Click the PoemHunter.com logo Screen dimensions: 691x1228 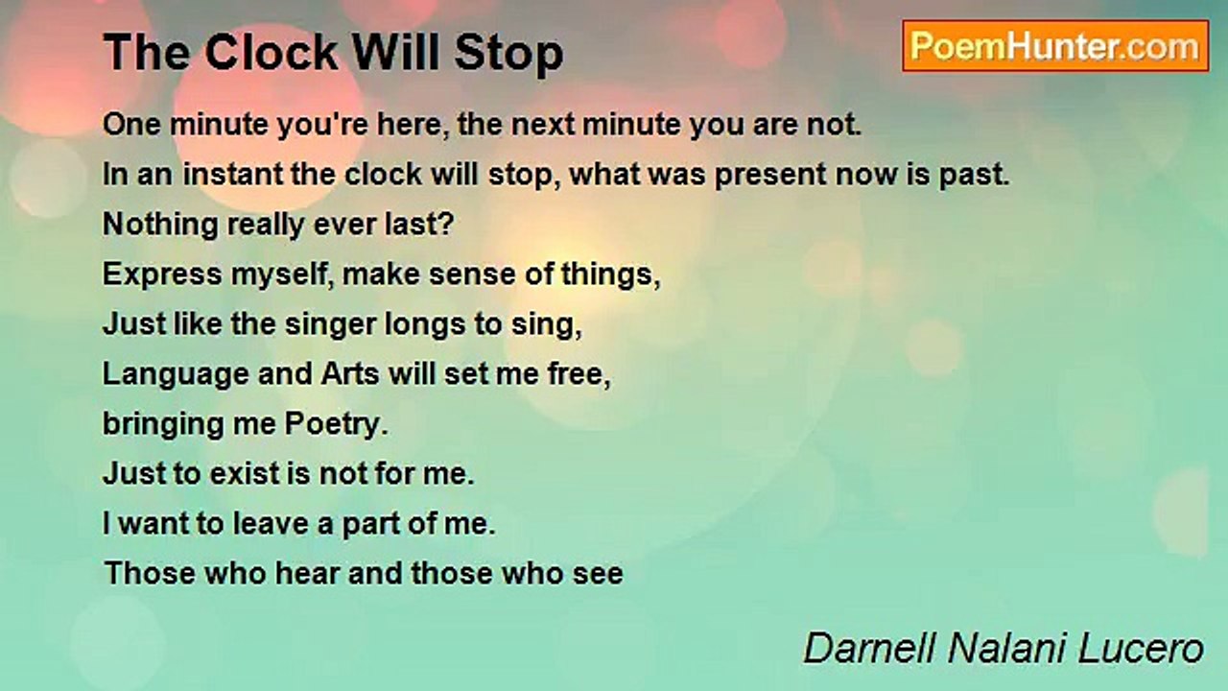tap(1055, 46)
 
